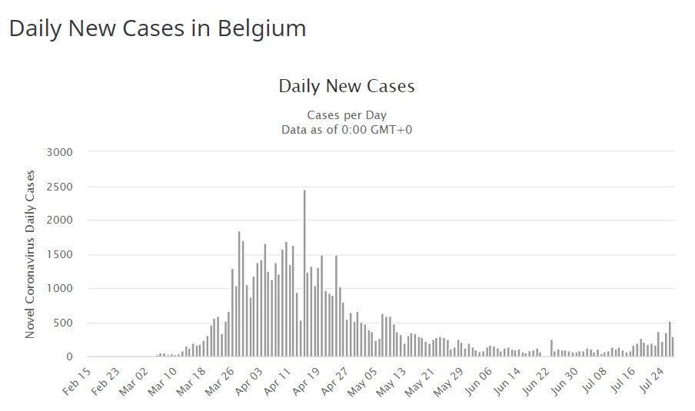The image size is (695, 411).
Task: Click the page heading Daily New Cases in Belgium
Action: pos(157,28)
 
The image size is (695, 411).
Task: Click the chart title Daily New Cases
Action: pos(346,86)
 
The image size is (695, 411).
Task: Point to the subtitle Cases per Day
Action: pos(347,115)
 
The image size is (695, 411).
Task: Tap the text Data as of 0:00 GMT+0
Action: pos(347,129)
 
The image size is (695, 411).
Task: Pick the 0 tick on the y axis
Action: pos(69,356)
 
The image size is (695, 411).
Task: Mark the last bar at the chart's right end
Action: pos(673,347)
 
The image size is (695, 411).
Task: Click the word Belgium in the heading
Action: pos(262,28)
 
